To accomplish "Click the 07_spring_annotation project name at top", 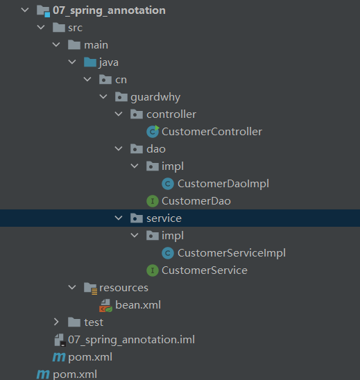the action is tap(109, 10).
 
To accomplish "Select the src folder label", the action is tap(75, 28).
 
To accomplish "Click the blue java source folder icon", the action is tap(90, 62).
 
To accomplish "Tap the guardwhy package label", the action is tap(155, 97).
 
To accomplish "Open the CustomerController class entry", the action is tap(212, 132).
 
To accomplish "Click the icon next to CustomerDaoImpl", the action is tap(168, 184).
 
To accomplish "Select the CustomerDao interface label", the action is tap(196, 201).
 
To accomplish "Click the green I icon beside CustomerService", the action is tap(153, 270).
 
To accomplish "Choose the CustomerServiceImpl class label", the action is tap(232, 253).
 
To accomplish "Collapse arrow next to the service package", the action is tap(119, 218).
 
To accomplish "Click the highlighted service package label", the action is tap(164, 218).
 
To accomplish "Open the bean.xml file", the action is tap(138, 305).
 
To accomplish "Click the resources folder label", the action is tap(123, 288).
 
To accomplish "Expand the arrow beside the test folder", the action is tap(56, 322).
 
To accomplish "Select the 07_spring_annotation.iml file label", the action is tap(131, 340).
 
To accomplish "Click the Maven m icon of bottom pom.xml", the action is tap(43, 374).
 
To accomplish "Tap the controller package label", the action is tap(171, 114).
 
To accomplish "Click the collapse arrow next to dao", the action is tap(119, 148).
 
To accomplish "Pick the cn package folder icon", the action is tap(105, 80).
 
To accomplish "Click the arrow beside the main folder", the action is tap(56, 44).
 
